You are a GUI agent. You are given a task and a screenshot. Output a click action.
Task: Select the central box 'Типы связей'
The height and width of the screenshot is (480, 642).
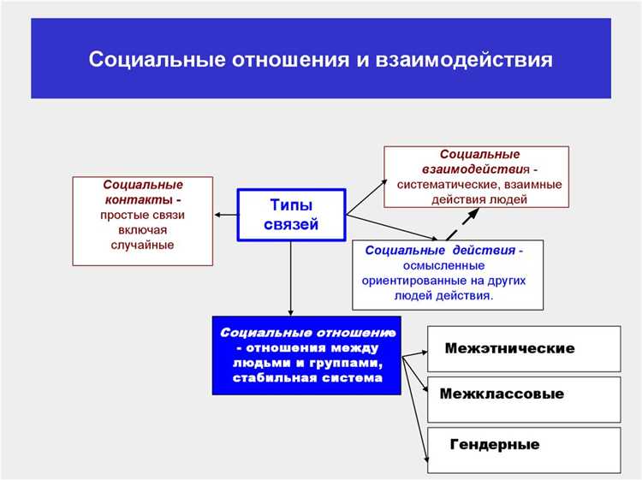coord(290,215)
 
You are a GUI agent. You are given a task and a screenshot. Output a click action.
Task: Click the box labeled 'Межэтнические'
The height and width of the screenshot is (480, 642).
coord(523,348)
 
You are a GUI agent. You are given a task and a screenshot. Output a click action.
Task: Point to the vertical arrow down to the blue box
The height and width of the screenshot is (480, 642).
coord(291,278)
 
